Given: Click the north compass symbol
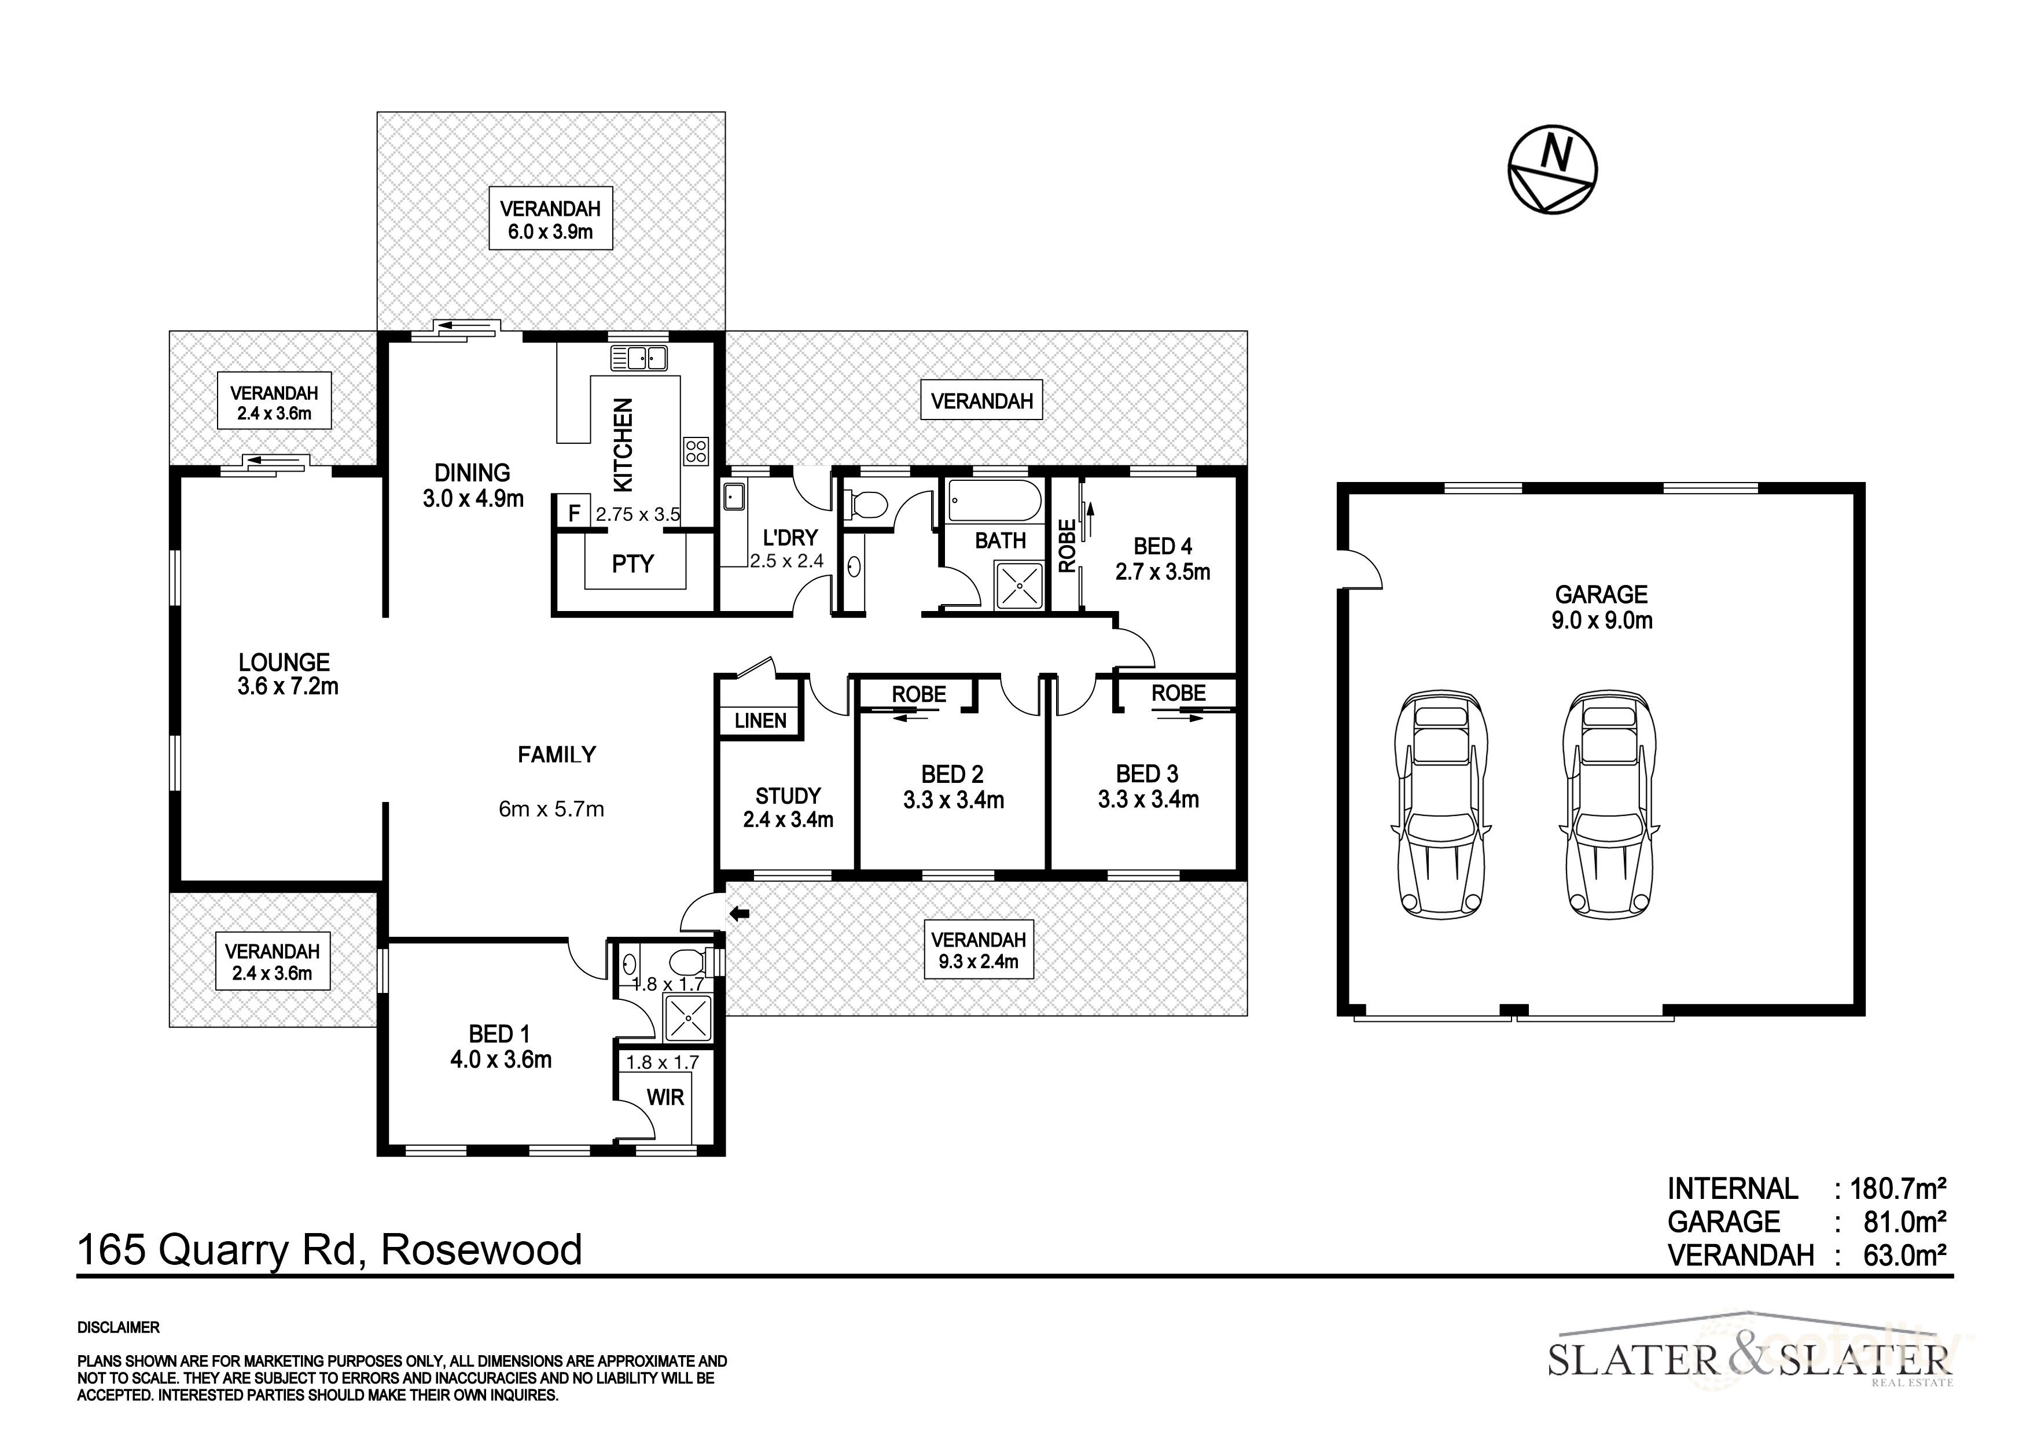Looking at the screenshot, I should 1551,169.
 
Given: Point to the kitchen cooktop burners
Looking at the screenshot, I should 696,451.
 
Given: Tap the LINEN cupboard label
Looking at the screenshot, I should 760,720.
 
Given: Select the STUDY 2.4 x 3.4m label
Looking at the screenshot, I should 788,807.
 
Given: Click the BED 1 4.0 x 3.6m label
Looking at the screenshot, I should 501,1047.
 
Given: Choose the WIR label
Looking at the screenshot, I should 665,1097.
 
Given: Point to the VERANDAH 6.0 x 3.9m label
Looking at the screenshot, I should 550,220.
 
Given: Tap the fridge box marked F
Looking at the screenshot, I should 574,513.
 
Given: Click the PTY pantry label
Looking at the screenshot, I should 633,563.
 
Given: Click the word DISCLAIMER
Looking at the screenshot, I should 119,1327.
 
